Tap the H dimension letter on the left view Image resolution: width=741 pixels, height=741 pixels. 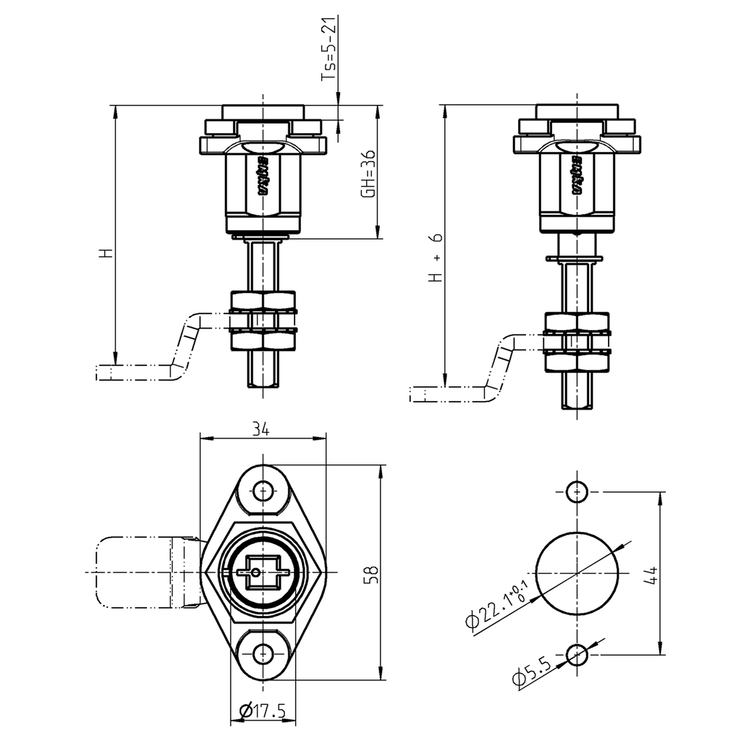click(x=106, y=253)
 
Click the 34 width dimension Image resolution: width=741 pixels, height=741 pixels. click(x=261, y=429)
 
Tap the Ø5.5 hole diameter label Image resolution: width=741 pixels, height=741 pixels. click(x=532, y=672)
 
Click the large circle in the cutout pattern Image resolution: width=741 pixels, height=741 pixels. click(x=577, y=572)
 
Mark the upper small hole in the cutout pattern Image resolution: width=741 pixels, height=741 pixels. click(x=577, y=491)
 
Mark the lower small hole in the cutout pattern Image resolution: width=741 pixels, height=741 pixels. click(x=577, y=655)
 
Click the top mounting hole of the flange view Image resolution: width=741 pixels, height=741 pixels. click(x=262, y=491)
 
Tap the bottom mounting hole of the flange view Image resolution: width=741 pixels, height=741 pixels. click(x=262, y=653)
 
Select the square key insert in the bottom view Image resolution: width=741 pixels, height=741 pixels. click(x=262, y=572)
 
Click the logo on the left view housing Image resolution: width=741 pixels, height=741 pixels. click(x=263, y=176)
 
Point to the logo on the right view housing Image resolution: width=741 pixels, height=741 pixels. click(x=577, y=176)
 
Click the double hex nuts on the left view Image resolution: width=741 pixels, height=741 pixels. click(x=262, y=321)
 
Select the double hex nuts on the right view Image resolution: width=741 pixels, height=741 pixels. click(x=577, y=342)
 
